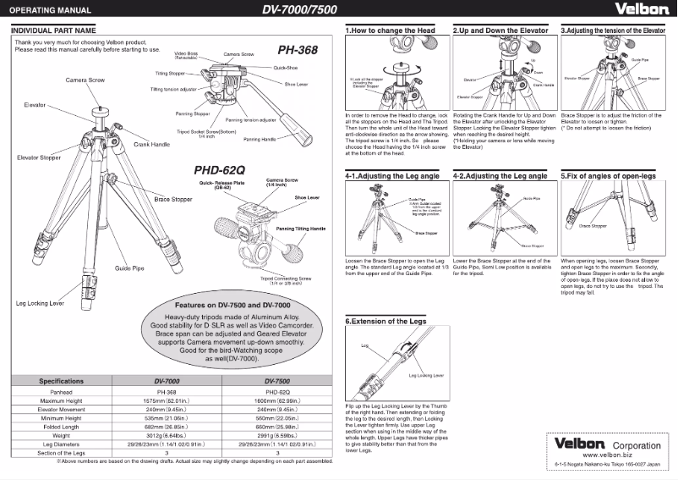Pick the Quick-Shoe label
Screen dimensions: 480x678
pos(284,66)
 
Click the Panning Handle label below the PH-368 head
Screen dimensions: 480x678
pos(260,138)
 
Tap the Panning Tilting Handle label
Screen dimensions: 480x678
pos(300,229)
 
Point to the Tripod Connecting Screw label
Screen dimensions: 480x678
pos(287,279)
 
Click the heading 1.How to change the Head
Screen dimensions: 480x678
pos(391,30)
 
